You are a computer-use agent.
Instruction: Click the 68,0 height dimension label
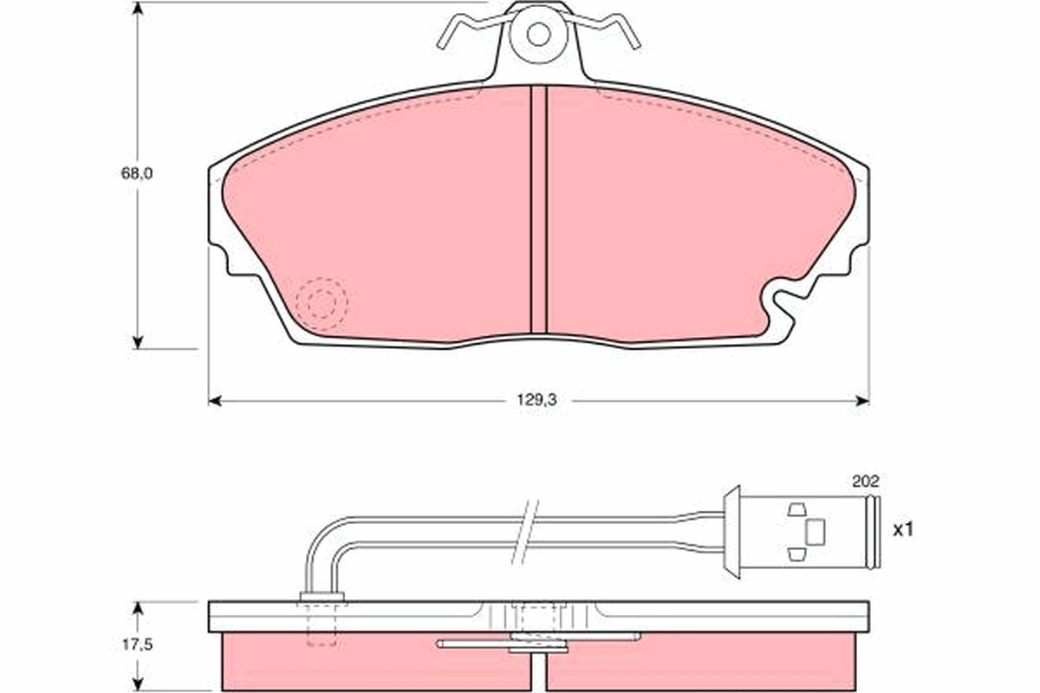(x=137, y=173)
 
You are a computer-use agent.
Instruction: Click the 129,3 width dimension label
(x=539, y=401)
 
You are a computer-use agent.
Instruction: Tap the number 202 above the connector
(x=866, y=481)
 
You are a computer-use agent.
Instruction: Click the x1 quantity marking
(x=903, y=529)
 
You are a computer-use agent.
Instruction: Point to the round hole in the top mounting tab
(x=538, y=35)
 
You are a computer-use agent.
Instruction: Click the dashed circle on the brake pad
(x=321, y=304)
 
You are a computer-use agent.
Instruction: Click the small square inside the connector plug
(x=815, y=531)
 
